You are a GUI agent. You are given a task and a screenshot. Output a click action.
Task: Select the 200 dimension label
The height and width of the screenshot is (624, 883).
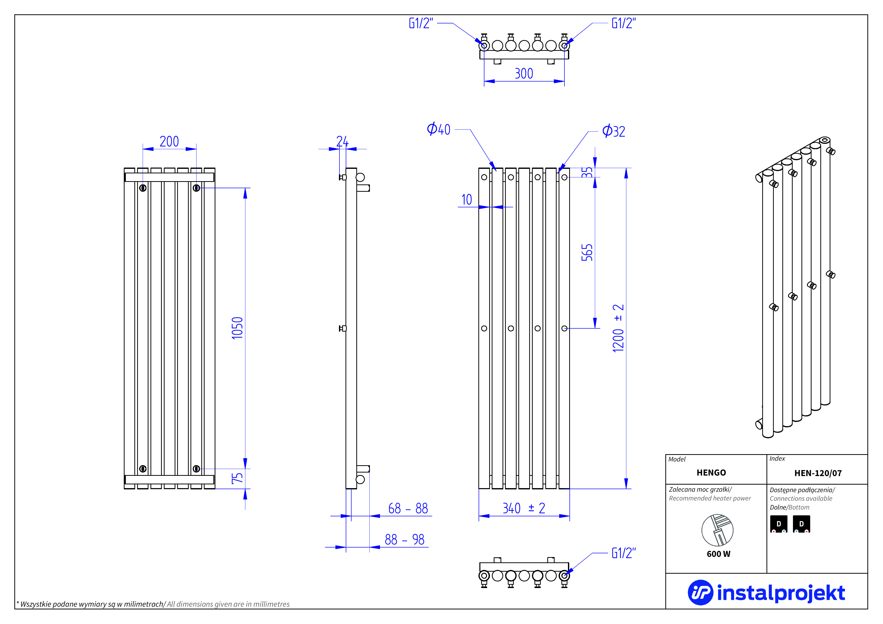(169, 141)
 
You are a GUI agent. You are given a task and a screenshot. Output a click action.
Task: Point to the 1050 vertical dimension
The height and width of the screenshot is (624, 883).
(237, 328)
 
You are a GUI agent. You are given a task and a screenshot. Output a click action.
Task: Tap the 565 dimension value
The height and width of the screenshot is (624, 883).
(587, 253)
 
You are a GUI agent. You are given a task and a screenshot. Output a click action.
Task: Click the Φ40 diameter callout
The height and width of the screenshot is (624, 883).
(438, 129)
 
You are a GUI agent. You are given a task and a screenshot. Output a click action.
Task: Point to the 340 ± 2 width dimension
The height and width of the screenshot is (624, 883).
(524, 508)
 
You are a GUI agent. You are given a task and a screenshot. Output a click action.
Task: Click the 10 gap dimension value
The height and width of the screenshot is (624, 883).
(467, 200)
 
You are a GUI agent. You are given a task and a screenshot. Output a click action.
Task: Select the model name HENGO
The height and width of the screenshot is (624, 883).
(711, 473)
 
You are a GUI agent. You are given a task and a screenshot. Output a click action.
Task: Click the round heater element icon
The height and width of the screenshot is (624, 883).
(717, 530)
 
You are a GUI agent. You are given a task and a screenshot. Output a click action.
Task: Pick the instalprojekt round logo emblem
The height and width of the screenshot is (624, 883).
(700, 593)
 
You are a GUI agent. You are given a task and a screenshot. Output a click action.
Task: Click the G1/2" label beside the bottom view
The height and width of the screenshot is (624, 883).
(623, 553)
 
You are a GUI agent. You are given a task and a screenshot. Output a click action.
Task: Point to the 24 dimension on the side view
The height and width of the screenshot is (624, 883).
(342, 141)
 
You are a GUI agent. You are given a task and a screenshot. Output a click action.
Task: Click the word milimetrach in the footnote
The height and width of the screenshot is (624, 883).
(144, 604)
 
